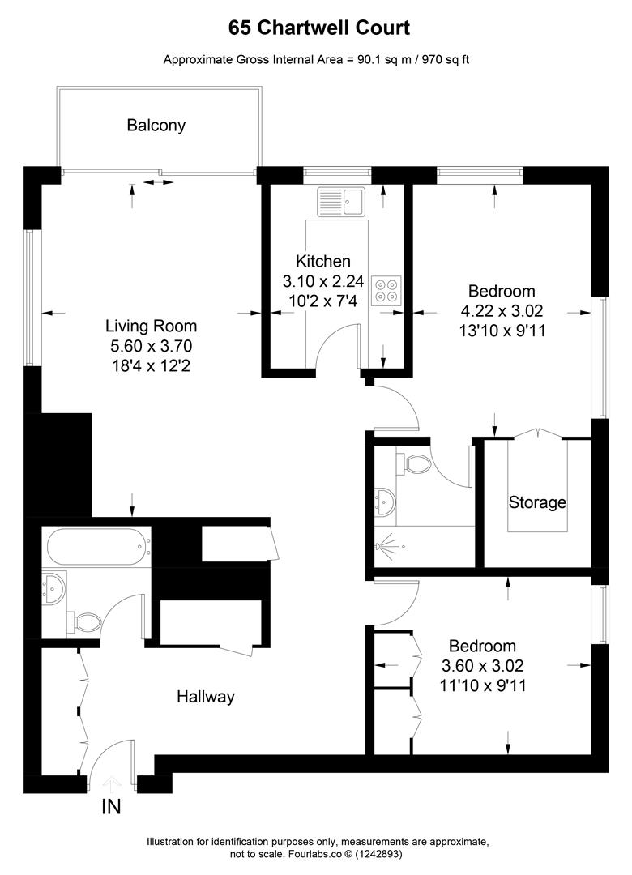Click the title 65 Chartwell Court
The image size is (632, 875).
coord(318,28)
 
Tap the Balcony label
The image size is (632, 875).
coord(156,126)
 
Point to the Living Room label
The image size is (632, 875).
coord(151,327)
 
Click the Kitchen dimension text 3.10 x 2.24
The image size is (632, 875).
coord(322,282)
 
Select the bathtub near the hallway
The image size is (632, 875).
coord(98,548)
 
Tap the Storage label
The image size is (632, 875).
coord(536,502)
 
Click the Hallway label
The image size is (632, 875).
coord(206,696)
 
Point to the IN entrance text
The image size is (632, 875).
coord(112,807)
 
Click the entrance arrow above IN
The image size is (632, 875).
coord(112,783)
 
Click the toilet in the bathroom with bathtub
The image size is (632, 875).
coord(85,622)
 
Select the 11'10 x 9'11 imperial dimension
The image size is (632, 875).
coord(482,685)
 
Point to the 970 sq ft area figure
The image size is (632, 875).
coord(444,59)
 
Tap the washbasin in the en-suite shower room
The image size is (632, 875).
coord(382,503)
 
